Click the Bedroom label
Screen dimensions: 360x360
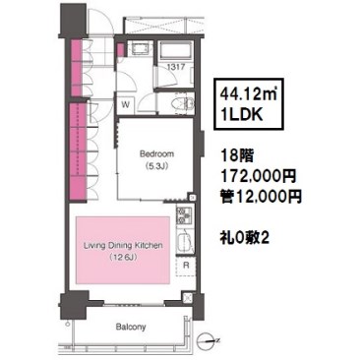[x=156, y=153]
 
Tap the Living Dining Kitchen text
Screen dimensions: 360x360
[x=123, y=246]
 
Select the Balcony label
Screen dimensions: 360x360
[x=131, y=327]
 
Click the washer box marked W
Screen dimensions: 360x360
[x=125, y=104]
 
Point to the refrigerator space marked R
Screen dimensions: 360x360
[x=186, y=265]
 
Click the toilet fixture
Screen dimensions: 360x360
[x=186, y=104]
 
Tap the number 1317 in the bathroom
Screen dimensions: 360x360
[x=176, y=67]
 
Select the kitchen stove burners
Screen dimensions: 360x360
[x=184, y=215]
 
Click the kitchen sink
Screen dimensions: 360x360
[x=184, y=241]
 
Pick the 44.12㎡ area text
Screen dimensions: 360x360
[x=248, y=95]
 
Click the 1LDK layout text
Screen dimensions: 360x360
[x=241, y=114]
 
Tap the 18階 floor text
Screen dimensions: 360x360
[x=237, y=156]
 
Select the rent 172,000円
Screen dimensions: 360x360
[x=259, y=176]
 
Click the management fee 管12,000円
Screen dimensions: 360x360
[x=261, y=197]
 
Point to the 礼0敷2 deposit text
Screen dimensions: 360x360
[x=245, y=237]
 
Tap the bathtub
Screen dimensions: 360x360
[x=174, y=51]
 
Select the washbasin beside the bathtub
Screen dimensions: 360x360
[x=138, y=49]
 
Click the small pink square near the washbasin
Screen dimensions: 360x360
[x=120, y=49]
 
